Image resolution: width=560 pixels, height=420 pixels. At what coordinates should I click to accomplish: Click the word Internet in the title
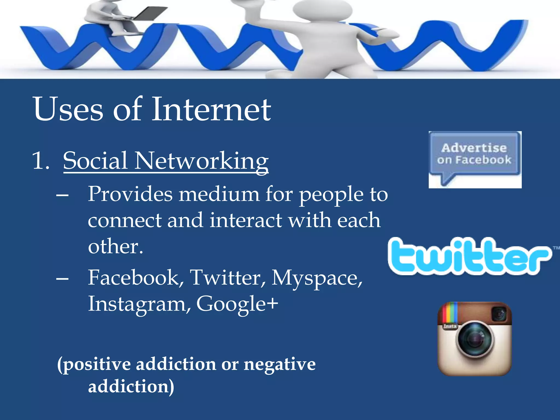[x=211, y=109]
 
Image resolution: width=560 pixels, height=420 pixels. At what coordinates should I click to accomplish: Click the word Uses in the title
[x=68, y=109]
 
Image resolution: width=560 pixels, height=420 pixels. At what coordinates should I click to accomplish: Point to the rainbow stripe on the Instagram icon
[x=450, y=313]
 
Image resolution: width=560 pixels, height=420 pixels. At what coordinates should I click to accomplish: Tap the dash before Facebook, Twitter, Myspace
[x=62, y=279]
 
